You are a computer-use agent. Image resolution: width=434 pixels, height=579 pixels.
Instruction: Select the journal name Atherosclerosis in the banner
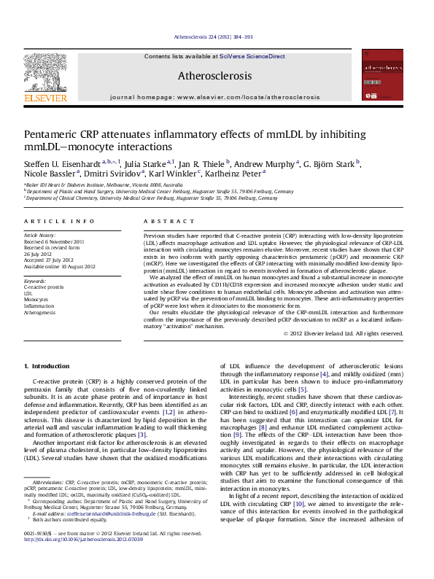click(x=214, y=75)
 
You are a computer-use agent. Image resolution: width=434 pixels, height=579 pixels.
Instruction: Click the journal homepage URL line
click(x=214, y=96)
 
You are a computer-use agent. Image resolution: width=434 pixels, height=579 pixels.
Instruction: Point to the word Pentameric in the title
click(x=54, y=135)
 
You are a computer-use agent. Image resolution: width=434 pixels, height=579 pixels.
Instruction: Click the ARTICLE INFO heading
click(x=59, y=221)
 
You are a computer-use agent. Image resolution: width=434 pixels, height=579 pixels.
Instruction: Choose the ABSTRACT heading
click(x=163, y=221)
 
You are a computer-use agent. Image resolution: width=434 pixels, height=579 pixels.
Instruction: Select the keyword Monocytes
click(x=36, y=300)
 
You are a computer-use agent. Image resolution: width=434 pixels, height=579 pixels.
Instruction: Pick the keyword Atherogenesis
click(x=39, y=313)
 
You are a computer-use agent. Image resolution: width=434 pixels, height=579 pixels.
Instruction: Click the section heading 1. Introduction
click(x=47, y=365)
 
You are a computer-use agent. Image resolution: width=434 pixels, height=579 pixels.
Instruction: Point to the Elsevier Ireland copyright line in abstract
click(x=343, y=333)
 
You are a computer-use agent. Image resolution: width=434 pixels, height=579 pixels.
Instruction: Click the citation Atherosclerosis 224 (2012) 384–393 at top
click(x=214, y=36)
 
